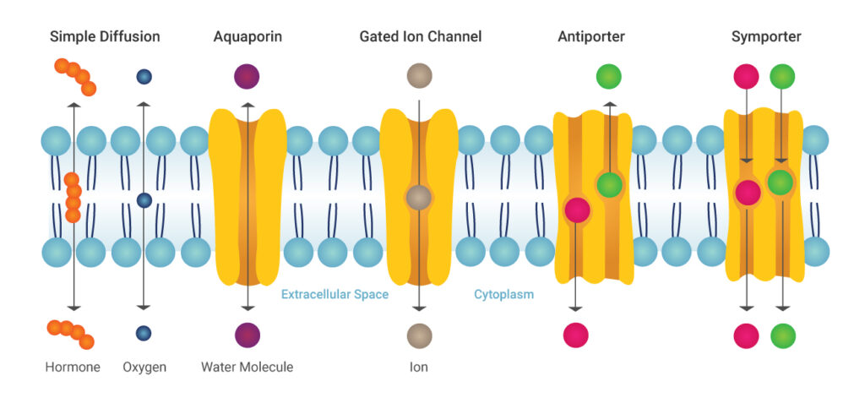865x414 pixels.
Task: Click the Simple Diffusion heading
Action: coord(105,37)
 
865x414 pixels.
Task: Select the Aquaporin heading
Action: coord(248,37)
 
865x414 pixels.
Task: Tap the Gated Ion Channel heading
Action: coord(420,37)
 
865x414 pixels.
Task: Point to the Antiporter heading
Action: coord(591,37)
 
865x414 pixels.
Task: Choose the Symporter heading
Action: coord(766,37)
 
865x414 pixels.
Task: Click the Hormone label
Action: coord(73,368)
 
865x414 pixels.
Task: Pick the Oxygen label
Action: coord(144,368)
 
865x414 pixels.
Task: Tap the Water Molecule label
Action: coord(247,368)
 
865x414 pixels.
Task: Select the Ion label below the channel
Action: coord(419,368)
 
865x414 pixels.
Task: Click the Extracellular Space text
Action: coord(335,295)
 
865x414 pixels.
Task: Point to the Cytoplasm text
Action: coord(503,295)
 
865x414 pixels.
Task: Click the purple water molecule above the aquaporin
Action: coord(247,77)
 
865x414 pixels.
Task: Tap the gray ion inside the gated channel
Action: coord(419,198)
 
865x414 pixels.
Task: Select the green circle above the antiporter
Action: coord(608,77)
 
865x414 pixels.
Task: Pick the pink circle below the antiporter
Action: coord(576,335)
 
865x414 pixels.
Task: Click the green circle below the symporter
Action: coord(783,335)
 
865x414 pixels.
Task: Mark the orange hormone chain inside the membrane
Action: coord(73,197)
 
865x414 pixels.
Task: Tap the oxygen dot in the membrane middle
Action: coord(144,200)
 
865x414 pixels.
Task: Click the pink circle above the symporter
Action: coord(746,77)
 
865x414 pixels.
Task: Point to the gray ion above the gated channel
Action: coord(419,75)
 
